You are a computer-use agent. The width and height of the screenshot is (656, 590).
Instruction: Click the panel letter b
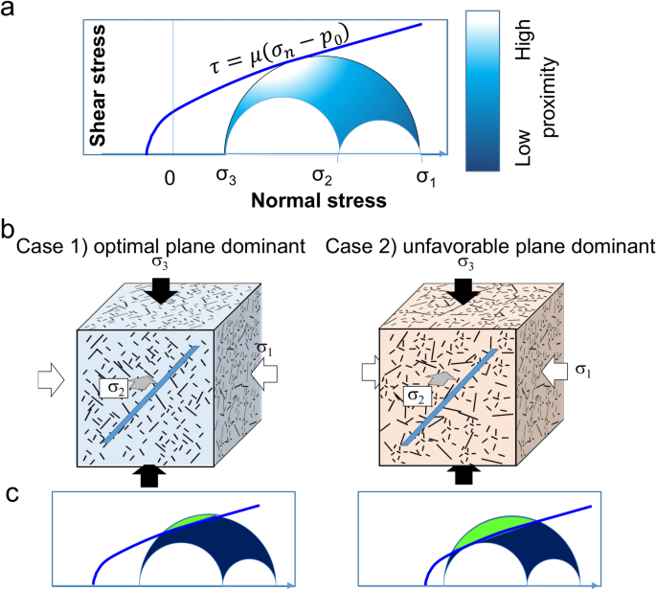(8, 231)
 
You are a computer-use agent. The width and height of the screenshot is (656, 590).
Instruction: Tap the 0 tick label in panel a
(170, 178)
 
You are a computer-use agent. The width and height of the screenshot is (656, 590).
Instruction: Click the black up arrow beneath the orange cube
(463, 473)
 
